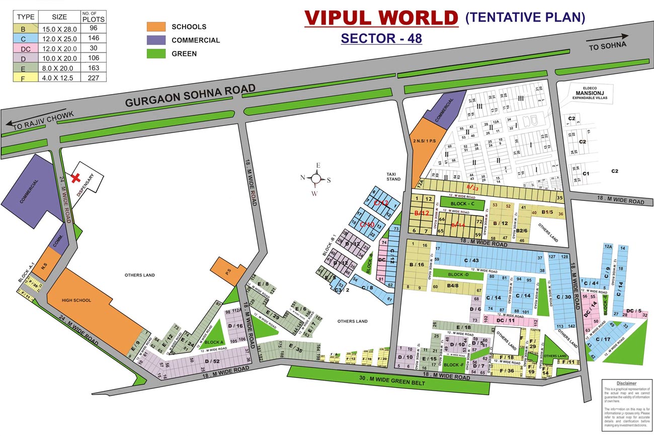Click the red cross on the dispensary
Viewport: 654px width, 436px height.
(76, 178)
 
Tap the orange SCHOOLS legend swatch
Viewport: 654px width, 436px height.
(156, 27)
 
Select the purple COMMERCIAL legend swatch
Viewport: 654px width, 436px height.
(156, 40)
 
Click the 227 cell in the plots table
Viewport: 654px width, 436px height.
(93, 78)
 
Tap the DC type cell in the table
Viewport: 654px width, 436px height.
(25, 49)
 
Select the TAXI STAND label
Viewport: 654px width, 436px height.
(393, 176)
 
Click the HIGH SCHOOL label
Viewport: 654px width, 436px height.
(76, 301)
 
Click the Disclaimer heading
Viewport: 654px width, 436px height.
(626, 383)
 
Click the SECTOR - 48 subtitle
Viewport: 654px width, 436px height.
(381, 38)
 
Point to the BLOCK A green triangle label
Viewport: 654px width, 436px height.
(214, 342)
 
